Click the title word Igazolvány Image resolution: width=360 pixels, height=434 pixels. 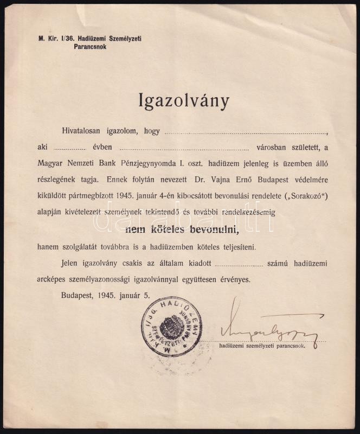[x=184, y=101]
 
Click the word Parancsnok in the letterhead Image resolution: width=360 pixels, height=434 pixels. [x=90, y=47]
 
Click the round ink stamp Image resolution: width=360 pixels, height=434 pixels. [x=171, y=326]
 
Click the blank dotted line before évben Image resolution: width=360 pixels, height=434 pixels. [x=70, y=148]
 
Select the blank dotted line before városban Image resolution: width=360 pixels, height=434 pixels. [x=184, y=148]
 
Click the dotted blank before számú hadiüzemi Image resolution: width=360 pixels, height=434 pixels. [x=239, y=265]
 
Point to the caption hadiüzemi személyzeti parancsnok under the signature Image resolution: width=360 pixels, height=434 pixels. [x=262, y=345]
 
